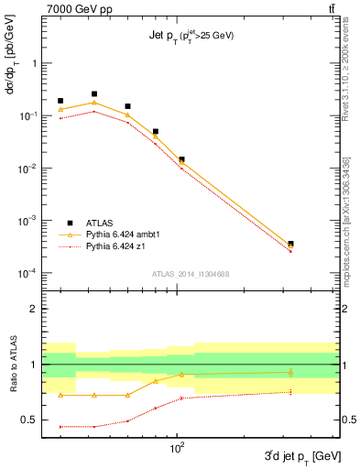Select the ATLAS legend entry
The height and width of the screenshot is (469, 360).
100,223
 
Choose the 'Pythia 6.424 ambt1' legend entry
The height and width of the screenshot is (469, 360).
121,234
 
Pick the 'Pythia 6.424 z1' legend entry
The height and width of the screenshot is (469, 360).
115,246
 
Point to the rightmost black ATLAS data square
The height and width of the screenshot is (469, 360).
290,244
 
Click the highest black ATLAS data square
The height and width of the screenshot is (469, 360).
94,93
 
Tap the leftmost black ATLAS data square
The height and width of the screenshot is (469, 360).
60,101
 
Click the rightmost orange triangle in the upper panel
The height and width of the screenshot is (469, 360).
290,246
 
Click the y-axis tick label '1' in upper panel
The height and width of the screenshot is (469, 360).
35,63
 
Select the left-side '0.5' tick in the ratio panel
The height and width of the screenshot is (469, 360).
30,420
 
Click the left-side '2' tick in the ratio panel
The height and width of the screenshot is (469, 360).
35,309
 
